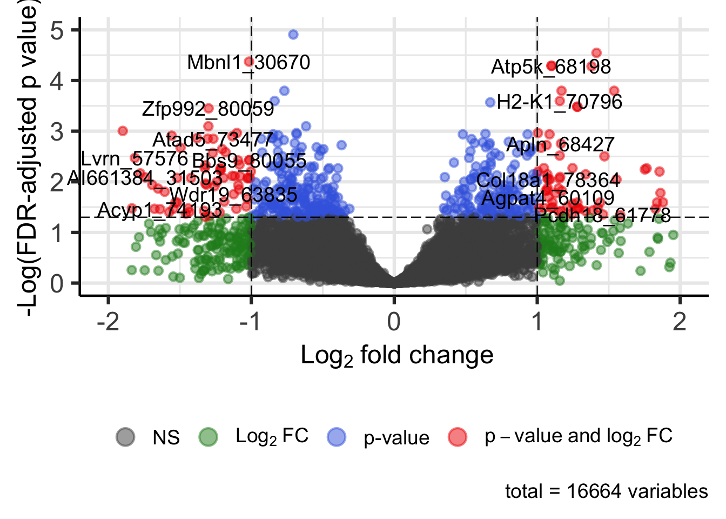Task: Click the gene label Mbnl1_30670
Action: click(248, 63)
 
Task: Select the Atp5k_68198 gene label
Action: click(550, 67)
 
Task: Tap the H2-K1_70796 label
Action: click(559, 102)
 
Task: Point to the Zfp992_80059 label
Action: click(208, 109)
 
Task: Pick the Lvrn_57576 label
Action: click(135, 159)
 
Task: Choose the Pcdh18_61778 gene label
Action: click(602, 216)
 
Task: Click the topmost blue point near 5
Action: click(293, 34)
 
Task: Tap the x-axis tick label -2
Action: click(108, 322)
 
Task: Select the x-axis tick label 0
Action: click(394, 322)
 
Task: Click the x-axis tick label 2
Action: click(679, 322)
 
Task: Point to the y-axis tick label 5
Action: click(57, 30)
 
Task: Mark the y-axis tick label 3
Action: click(57, 132)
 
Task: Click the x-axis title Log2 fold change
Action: click(396, 356)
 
